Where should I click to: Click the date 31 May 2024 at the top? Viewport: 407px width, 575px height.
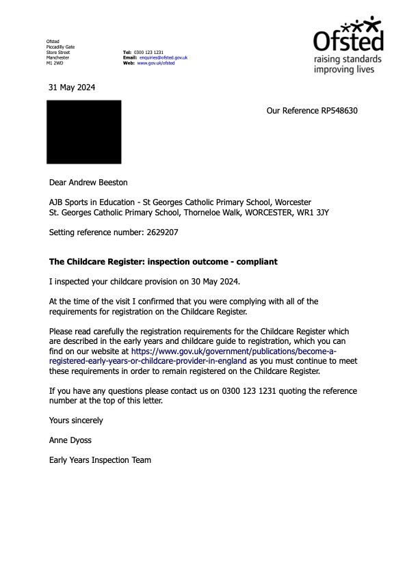point(72,88)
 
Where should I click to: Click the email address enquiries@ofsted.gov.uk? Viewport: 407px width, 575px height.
point(163,57)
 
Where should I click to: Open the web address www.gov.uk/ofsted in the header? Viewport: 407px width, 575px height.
point(156,63)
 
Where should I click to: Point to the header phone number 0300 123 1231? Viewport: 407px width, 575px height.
point(148,53)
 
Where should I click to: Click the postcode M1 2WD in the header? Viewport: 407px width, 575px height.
point(53,63)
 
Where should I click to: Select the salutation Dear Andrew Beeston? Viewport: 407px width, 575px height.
point(88,183)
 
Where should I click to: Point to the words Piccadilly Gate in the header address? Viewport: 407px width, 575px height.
point(60,47)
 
